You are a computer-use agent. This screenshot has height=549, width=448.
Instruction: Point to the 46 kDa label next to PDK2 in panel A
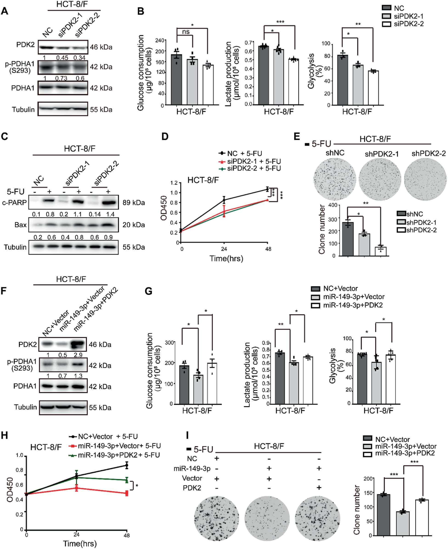point(101,47)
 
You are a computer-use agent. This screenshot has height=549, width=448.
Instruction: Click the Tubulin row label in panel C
point(15,247)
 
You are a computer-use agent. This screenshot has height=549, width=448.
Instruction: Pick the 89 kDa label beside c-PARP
point(133,203)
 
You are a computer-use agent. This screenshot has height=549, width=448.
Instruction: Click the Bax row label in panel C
point(20,225)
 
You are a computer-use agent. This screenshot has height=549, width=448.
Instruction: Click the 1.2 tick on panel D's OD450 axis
point(174,183)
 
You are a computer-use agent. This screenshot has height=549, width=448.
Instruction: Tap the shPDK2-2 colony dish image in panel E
point(425,179)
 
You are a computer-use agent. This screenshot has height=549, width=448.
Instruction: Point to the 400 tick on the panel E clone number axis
point(333,205)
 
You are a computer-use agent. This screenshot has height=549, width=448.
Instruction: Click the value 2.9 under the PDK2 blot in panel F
point(78,355)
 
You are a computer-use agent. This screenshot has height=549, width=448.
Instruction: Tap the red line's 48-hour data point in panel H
point(126,493)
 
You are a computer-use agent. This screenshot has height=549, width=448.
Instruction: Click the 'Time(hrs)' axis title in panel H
point(80,543)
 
